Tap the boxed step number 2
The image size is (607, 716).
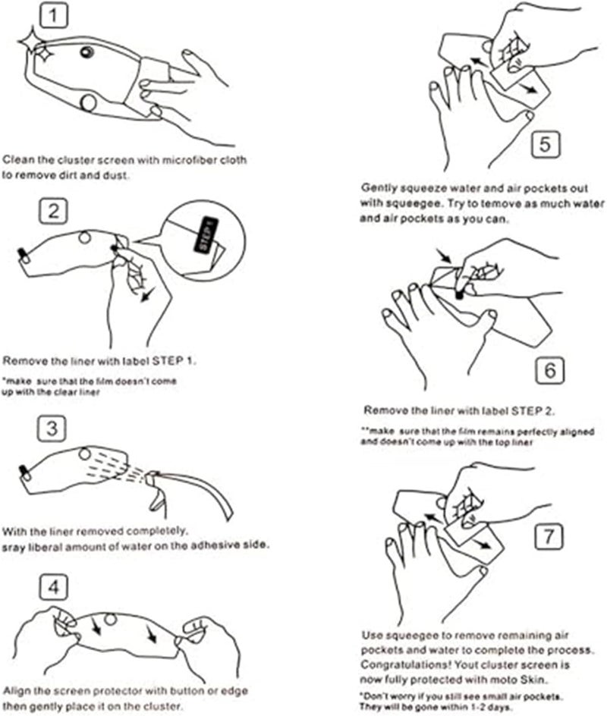tap(52, 211)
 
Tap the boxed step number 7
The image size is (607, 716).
tap(549, 536)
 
